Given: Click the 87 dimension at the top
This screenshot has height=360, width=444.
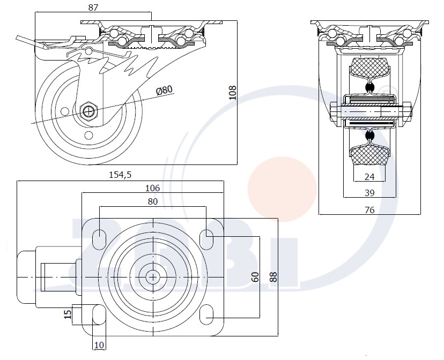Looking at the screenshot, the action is point(93,7).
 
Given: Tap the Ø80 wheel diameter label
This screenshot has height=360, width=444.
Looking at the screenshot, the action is point(164,90).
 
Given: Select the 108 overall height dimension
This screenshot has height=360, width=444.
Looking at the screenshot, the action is point(233,93).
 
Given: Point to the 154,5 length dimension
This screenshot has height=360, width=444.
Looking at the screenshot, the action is point(120,175).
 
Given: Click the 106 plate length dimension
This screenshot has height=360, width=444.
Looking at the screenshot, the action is point(152,188).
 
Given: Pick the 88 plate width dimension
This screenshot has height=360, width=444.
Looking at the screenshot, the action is point(273,277).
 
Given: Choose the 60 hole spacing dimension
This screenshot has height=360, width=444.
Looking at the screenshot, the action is point(255,277).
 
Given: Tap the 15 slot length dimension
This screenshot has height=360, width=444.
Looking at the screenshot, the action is point(68,314).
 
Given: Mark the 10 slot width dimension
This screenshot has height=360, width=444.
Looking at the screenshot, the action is point(99,345).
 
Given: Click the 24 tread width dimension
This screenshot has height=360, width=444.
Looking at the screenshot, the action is point(369,177).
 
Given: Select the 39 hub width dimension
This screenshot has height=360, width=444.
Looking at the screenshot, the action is point(369,193).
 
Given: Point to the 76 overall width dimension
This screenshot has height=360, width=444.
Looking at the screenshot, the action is point(369,210).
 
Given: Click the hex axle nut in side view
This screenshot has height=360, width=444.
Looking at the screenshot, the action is point(89,111).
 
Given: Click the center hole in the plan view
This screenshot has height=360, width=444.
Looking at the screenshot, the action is point(153,277).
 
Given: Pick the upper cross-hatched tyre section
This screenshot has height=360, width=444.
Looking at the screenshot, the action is point(369,67).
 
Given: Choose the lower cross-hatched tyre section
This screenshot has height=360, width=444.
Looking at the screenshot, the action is point(369,154).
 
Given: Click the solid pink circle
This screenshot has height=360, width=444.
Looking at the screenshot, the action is point(282,189).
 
